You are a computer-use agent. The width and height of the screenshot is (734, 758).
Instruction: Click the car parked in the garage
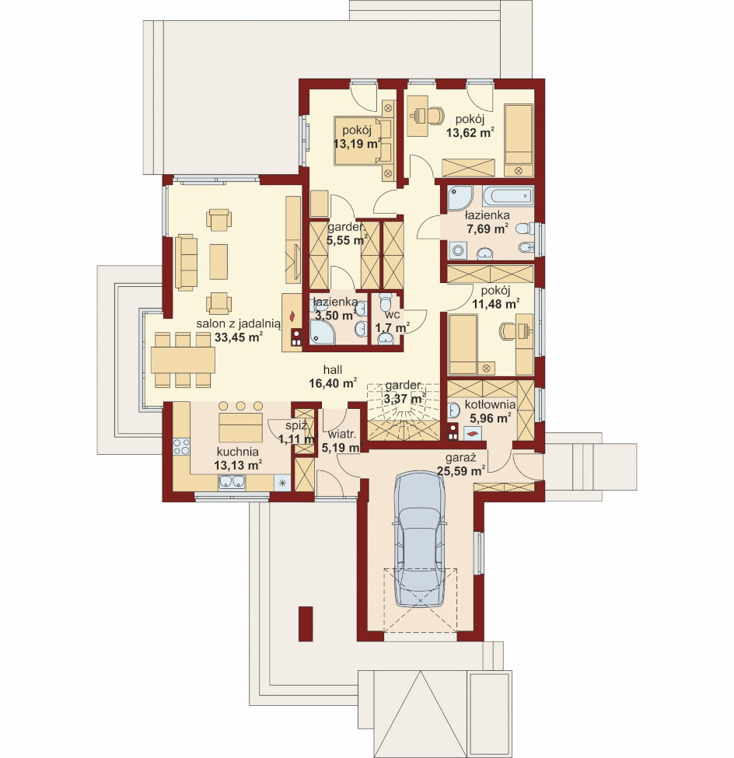(420, 539)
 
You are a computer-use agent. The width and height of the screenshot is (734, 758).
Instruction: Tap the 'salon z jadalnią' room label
(238, 323)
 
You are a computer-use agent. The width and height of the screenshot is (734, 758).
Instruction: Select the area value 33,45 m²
(239, 337)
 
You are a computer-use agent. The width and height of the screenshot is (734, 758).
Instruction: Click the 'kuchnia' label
(237, 452)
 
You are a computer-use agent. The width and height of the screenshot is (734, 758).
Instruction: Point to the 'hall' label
(333, 370)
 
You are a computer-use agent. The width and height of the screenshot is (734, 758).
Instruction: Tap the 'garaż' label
(461, 457)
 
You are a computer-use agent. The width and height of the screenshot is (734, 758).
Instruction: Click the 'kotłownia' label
(490, 404)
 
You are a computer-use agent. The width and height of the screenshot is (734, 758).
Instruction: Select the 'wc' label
(392, 315)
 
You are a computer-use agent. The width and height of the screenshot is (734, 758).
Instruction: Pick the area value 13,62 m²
(470, 132)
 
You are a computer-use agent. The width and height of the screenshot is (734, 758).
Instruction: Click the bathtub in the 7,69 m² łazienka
(507, 197)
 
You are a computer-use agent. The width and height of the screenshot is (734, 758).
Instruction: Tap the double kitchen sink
(232, 482)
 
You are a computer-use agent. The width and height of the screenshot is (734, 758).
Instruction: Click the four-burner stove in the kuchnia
(181, 447)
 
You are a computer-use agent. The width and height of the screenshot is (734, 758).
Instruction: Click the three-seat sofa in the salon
(186, 263)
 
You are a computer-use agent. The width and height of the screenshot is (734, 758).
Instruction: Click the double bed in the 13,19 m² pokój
(364, 140)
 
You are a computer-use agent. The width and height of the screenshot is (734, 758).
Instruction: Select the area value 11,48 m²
(495, 304)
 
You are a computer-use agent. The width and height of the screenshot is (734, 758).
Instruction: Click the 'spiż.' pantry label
(296, 426)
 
